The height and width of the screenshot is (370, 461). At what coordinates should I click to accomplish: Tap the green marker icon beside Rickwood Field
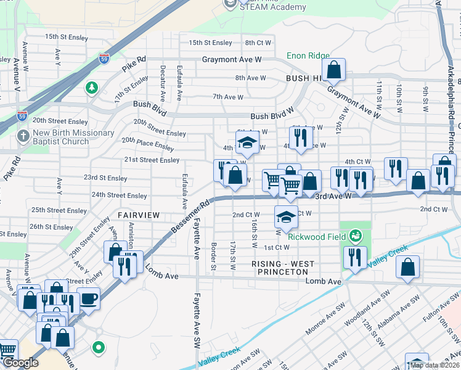(x=355, y=235)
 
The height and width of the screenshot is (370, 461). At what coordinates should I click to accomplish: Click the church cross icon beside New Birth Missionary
(x=23, y=136)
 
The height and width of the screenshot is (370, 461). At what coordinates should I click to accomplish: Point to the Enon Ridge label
(x=308, y=56)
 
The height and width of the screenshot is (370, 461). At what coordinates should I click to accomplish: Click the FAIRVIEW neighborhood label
(x=139, y=215)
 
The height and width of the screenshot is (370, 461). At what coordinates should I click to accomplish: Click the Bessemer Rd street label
(x=190, y=215)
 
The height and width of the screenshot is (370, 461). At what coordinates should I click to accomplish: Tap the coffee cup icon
(x=88, y=298)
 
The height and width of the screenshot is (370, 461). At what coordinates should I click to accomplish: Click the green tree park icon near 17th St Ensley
(x=91, y=88)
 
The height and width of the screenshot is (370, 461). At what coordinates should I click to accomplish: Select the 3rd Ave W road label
(x=333, y=195)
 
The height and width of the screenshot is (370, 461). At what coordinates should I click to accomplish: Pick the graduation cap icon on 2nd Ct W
(x=285, y=217)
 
